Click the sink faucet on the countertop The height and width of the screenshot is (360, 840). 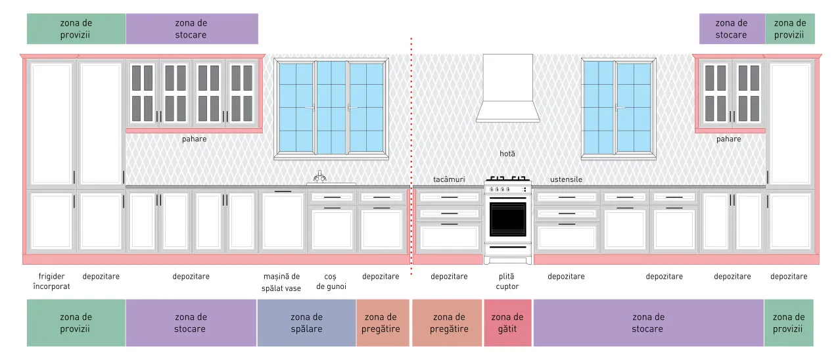pyautogui.click(x=319, y=177)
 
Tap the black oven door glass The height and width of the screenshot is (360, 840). pyautogui.click(x=508, y=219)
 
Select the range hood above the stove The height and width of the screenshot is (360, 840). pyautogui.click(x=508, y=88)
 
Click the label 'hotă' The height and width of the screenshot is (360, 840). pyautogui.click(x=507, y=154)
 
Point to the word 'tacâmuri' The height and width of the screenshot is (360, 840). pyautogui.click(x=449, y=179)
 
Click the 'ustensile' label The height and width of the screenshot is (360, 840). pyautogui.click(x=566, y=179)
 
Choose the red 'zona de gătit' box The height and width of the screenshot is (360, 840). pyautogui.click(x=507, y=323)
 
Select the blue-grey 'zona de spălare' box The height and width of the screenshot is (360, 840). pyautogui.click(x=306, y=323)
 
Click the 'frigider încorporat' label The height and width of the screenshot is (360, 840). pyautogui.click(x=51, y=281)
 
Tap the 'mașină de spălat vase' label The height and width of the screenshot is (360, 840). pyautogui.click(x=281, y=282)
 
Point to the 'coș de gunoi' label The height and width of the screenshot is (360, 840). pyautogui.click(x=331, y=282)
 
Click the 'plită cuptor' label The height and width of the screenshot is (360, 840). pyautogui.click(x=507, y=281)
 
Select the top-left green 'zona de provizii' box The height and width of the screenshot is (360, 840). pyautogui.click(x=76, y=29)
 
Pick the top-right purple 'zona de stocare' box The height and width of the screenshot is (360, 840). pyautogui.click(x=732, y=29)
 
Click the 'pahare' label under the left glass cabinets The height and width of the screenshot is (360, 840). pyautogui.click(x=195, y=139)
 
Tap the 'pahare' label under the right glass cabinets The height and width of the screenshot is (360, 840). pyautogui.click(x=729, y=139)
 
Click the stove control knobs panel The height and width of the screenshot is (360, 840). pyautogui.click(x=508, y=189)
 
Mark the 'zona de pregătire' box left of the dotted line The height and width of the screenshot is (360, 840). pyautogui.click(x=383, y=323)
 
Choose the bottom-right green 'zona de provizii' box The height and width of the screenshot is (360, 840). pyautogui.click(x=789, y=323)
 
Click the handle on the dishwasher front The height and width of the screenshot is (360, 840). pyautogui.click(x=283, y=191)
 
